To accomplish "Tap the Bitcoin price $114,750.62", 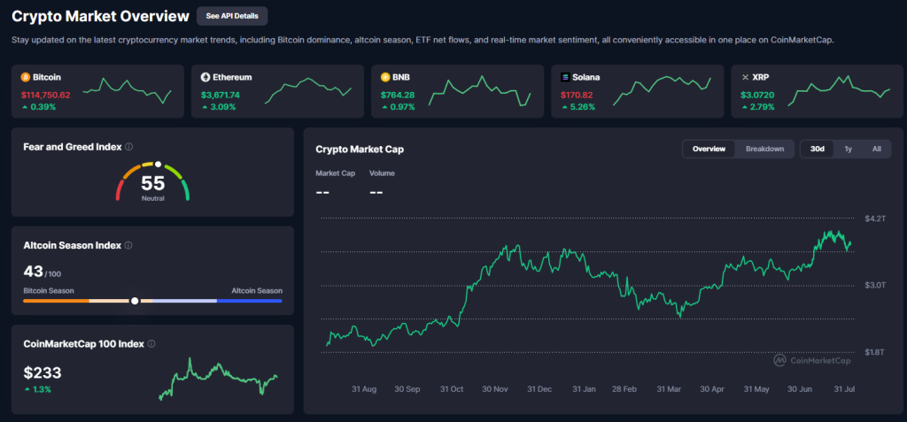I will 45,94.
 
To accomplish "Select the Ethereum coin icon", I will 205,77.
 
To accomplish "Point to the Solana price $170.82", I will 581,94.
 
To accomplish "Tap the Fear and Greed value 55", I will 153,183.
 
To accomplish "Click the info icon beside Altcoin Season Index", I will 129,245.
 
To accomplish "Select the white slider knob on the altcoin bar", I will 135,301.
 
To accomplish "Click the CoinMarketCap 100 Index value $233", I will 43,373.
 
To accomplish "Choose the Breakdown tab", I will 764,149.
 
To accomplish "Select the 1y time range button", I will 848,149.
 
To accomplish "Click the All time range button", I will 876,149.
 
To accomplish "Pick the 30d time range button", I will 818,149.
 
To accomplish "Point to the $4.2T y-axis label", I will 874,218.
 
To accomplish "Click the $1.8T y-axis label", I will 874,352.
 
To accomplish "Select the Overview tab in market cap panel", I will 709,149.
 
